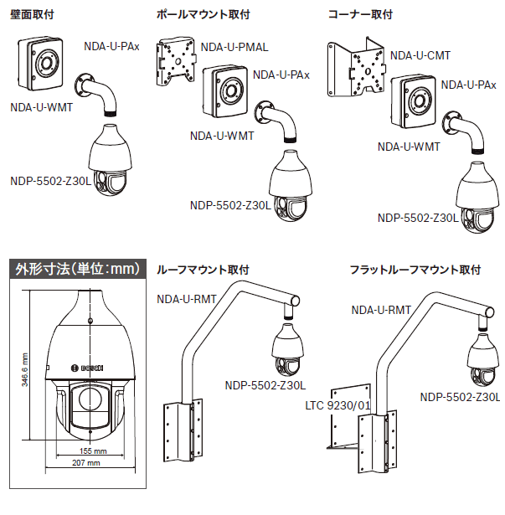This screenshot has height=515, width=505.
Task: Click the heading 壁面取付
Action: [32, 14]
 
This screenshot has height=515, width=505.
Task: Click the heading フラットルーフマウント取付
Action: [415, 270]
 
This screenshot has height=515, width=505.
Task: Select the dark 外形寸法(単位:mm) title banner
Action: [76, 270]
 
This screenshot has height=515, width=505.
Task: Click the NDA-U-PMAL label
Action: [234, 47]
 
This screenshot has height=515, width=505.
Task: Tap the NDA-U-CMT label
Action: [420, 55]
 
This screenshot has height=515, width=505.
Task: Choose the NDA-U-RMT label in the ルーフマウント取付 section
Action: [186, 297]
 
